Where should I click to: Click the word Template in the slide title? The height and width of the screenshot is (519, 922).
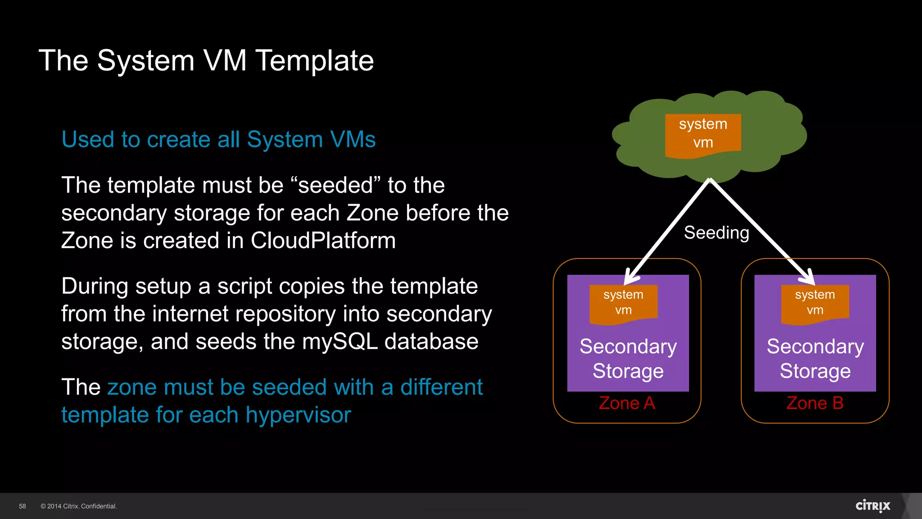coord(314,60)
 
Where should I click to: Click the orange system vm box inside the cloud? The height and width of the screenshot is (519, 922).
coord(703,134)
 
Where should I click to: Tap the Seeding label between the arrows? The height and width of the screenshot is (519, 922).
coord(716,233)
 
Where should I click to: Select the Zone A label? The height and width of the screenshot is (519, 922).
coord(627,403)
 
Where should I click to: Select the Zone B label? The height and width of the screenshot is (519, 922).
coord(814,403)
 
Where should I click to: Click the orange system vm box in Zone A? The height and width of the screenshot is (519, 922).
coord(624,303)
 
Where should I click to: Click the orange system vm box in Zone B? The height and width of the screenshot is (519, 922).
coord(815,303)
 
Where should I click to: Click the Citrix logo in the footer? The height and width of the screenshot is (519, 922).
coord(872,506)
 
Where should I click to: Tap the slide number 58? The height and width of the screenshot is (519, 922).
coord(23,506)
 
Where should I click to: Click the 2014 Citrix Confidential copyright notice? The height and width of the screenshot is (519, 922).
coord(79,506)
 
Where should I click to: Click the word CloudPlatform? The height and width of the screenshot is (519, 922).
coord(323,241)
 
